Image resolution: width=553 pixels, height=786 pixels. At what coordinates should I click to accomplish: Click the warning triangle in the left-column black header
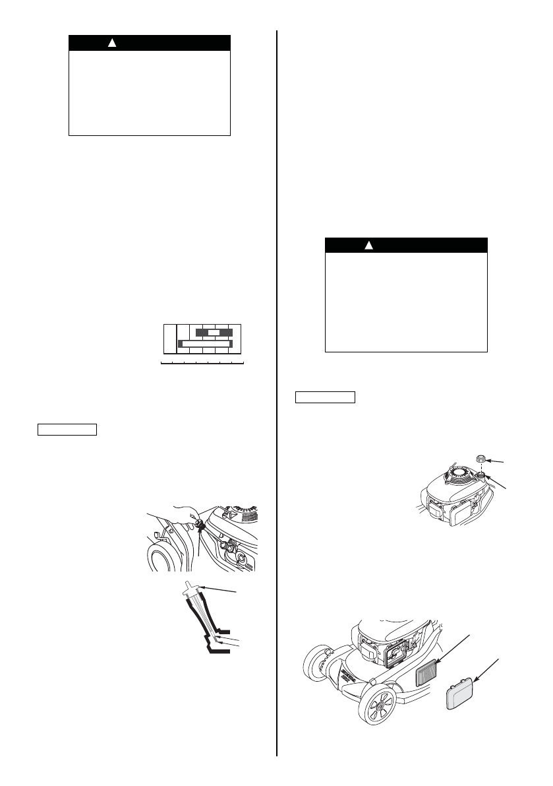coord(112,43)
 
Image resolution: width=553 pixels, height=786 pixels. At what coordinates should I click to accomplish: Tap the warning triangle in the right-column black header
coord(369,246)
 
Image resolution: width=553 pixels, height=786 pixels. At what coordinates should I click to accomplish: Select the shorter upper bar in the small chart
coord(214,332)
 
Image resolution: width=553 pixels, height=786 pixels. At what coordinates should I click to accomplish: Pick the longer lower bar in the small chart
coord(206,344)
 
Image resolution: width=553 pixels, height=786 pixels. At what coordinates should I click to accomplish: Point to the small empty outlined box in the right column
coord(324,397)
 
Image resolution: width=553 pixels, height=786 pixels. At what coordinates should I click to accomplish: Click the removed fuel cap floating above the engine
coord(482,459)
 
